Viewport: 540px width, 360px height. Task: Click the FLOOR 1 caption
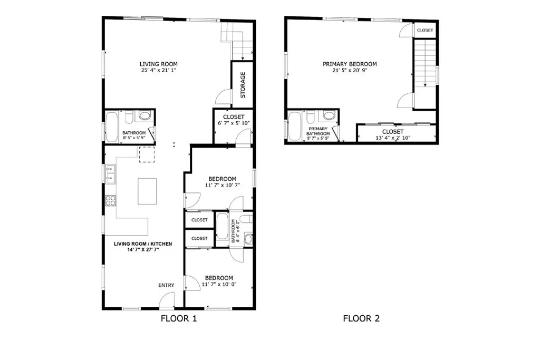click(x=178, y=318)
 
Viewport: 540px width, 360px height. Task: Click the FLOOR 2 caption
click(x=361, y=318)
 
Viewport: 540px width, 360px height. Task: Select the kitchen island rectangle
click(x=148, y=191)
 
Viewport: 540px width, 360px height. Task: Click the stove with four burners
click(x=111, y=200)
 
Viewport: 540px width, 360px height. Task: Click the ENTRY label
click(x=166, y=285)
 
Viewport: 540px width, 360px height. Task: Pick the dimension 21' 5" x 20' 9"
click(x=350, y=70)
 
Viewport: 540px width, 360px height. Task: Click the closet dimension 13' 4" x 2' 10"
click(x=392, y=138)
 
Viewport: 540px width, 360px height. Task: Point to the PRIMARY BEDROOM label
click(x=350, y=64)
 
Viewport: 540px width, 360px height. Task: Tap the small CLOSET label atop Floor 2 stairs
click(x=425, y=31)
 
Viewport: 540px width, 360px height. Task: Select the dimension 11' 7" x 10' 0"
click(x=219, y=285)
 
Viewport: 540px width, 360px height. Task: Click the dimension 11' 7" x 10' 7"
click(x=221, y=186)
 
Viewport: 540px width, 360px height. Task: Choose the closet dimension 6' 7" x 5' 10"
click(x=233, y=123)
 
